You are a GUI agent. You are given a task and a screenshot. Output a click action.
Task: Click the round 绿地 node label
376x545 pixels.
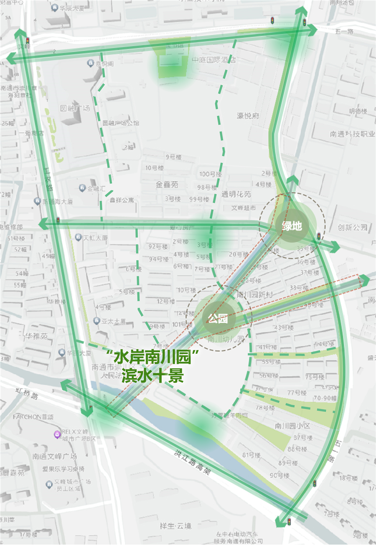coord(292,226)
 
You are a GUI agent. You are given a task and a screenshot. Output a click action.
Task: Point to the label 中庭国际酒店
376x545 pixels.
coord(214,60)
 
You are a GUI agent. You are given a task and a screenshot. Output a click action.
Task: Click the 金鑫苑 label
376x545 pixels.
coord(167,184)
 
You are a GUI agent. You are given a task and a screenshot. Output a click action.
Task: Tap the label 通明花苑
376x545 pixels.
coord(236,194)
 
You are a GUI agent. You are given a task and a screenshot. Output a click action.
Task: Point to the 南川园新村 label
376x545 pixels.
coord(255,295)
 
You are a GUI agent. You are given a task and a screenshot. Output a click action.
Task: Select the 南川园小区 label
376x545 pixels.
coord(292,426)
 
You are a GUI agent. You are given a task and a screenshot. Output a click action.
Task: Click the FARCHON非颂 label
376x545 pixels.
coord(33,417)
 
